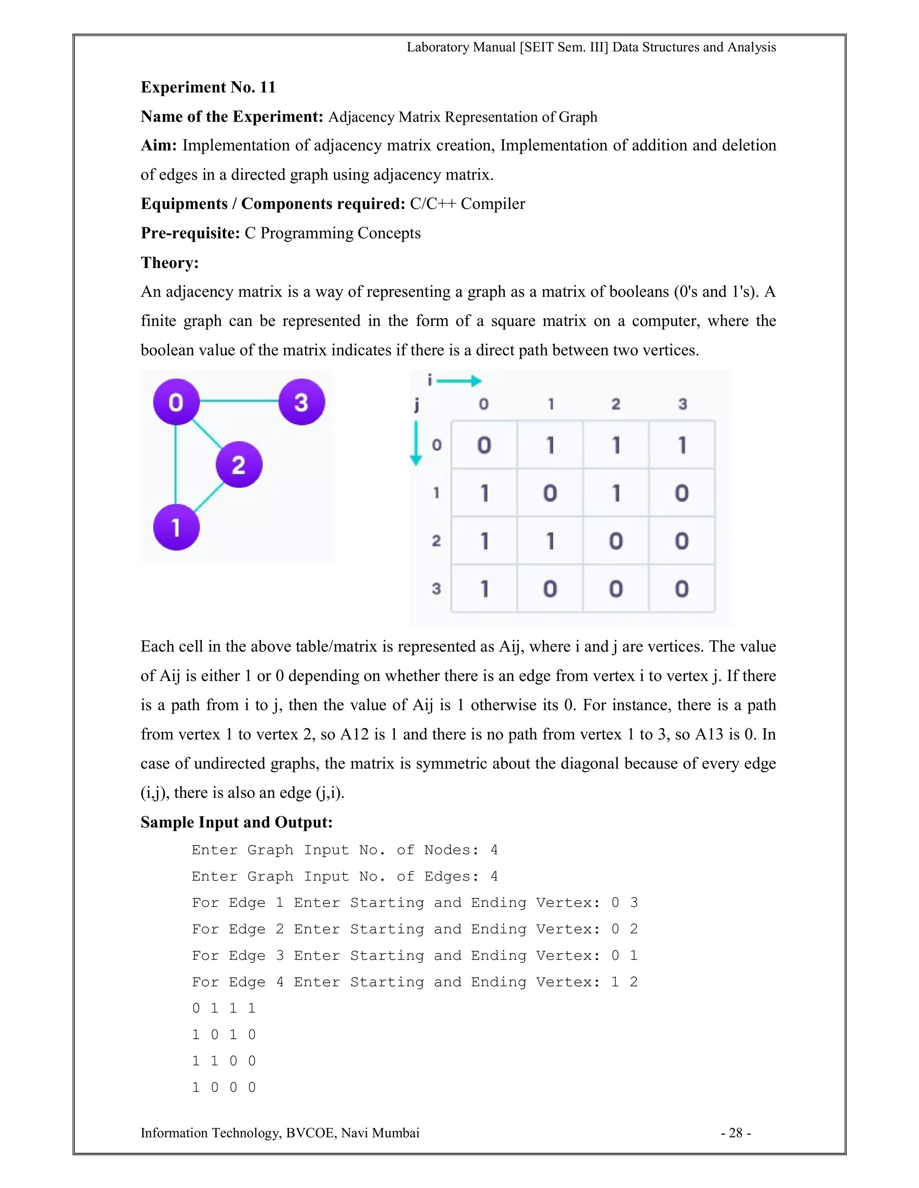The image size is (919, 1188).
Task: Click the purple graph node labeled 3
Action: pyautogui.click(x=302, y=402)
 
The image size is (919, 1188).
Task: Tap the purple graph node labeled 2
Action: pyautogui.click(x=239, y=464)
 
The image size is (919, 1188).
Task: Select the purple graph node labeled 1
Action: pyautogui.click(x=176, y=527)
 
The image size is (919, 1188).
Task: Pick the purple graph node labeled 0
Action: pyautogui.click(x=176, y=402)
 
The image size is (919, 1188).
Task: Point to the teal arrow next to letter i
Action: pyautogui.click(x=459, y=381)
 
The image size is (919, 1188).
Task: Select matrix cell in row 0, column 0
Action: pyautogui.click(x=484, y=445)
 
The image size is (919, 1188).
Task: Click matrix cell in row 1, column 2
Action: pyautogui.click(x=616, y=493)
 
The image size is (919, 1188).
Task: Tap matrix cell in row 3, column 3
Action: pyautogui.click(x=682, y=589)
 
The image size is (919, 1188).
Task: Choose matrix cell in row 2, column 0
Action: pyautogui.click(x=484, y=541)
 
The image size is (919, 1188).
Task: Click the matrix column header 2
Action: pyautogui.click(x=616, y=404)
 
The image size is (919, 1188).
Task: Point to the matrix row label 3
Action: pyautogui.click(x=436, y=589)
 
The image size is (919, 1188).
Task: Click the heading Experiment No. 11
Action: pyautogui.click(x=208, y=87)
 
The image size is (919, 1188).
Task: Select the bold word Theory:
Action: pyautogui.click(x=169, y=263)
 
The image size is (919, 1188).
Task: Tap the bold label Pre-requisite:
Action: pyautogui.click(x=190, y=234)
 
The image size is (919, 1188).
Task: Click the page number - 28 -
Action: pyautogui.click(x=735, y=1132)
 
